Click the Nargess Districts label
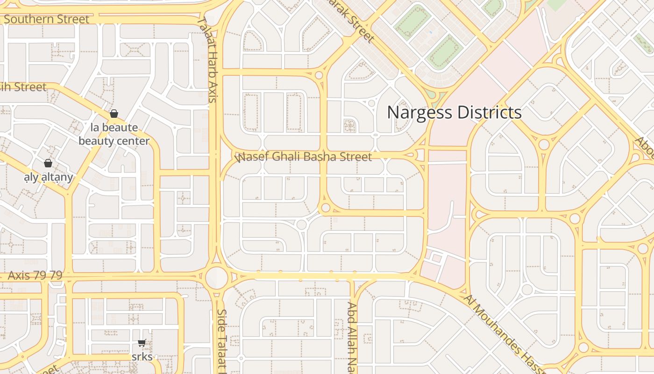(x=454, y=113)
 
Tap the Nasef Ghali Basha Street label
(x=304, y=157)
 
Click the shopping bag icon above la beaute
(x=114, y=114)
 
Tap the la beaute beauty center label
(x=114, y=134)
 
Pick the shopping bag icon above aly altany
(x=48, y=163)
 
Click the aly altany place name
(x=49, y=177)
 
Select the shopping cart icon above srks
(x=142, y=343)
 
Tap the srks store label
(x=142, y=357)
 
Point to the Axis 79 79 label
(x=35, y=275)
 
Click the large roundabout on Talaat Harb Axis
(x=217, y=277)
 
